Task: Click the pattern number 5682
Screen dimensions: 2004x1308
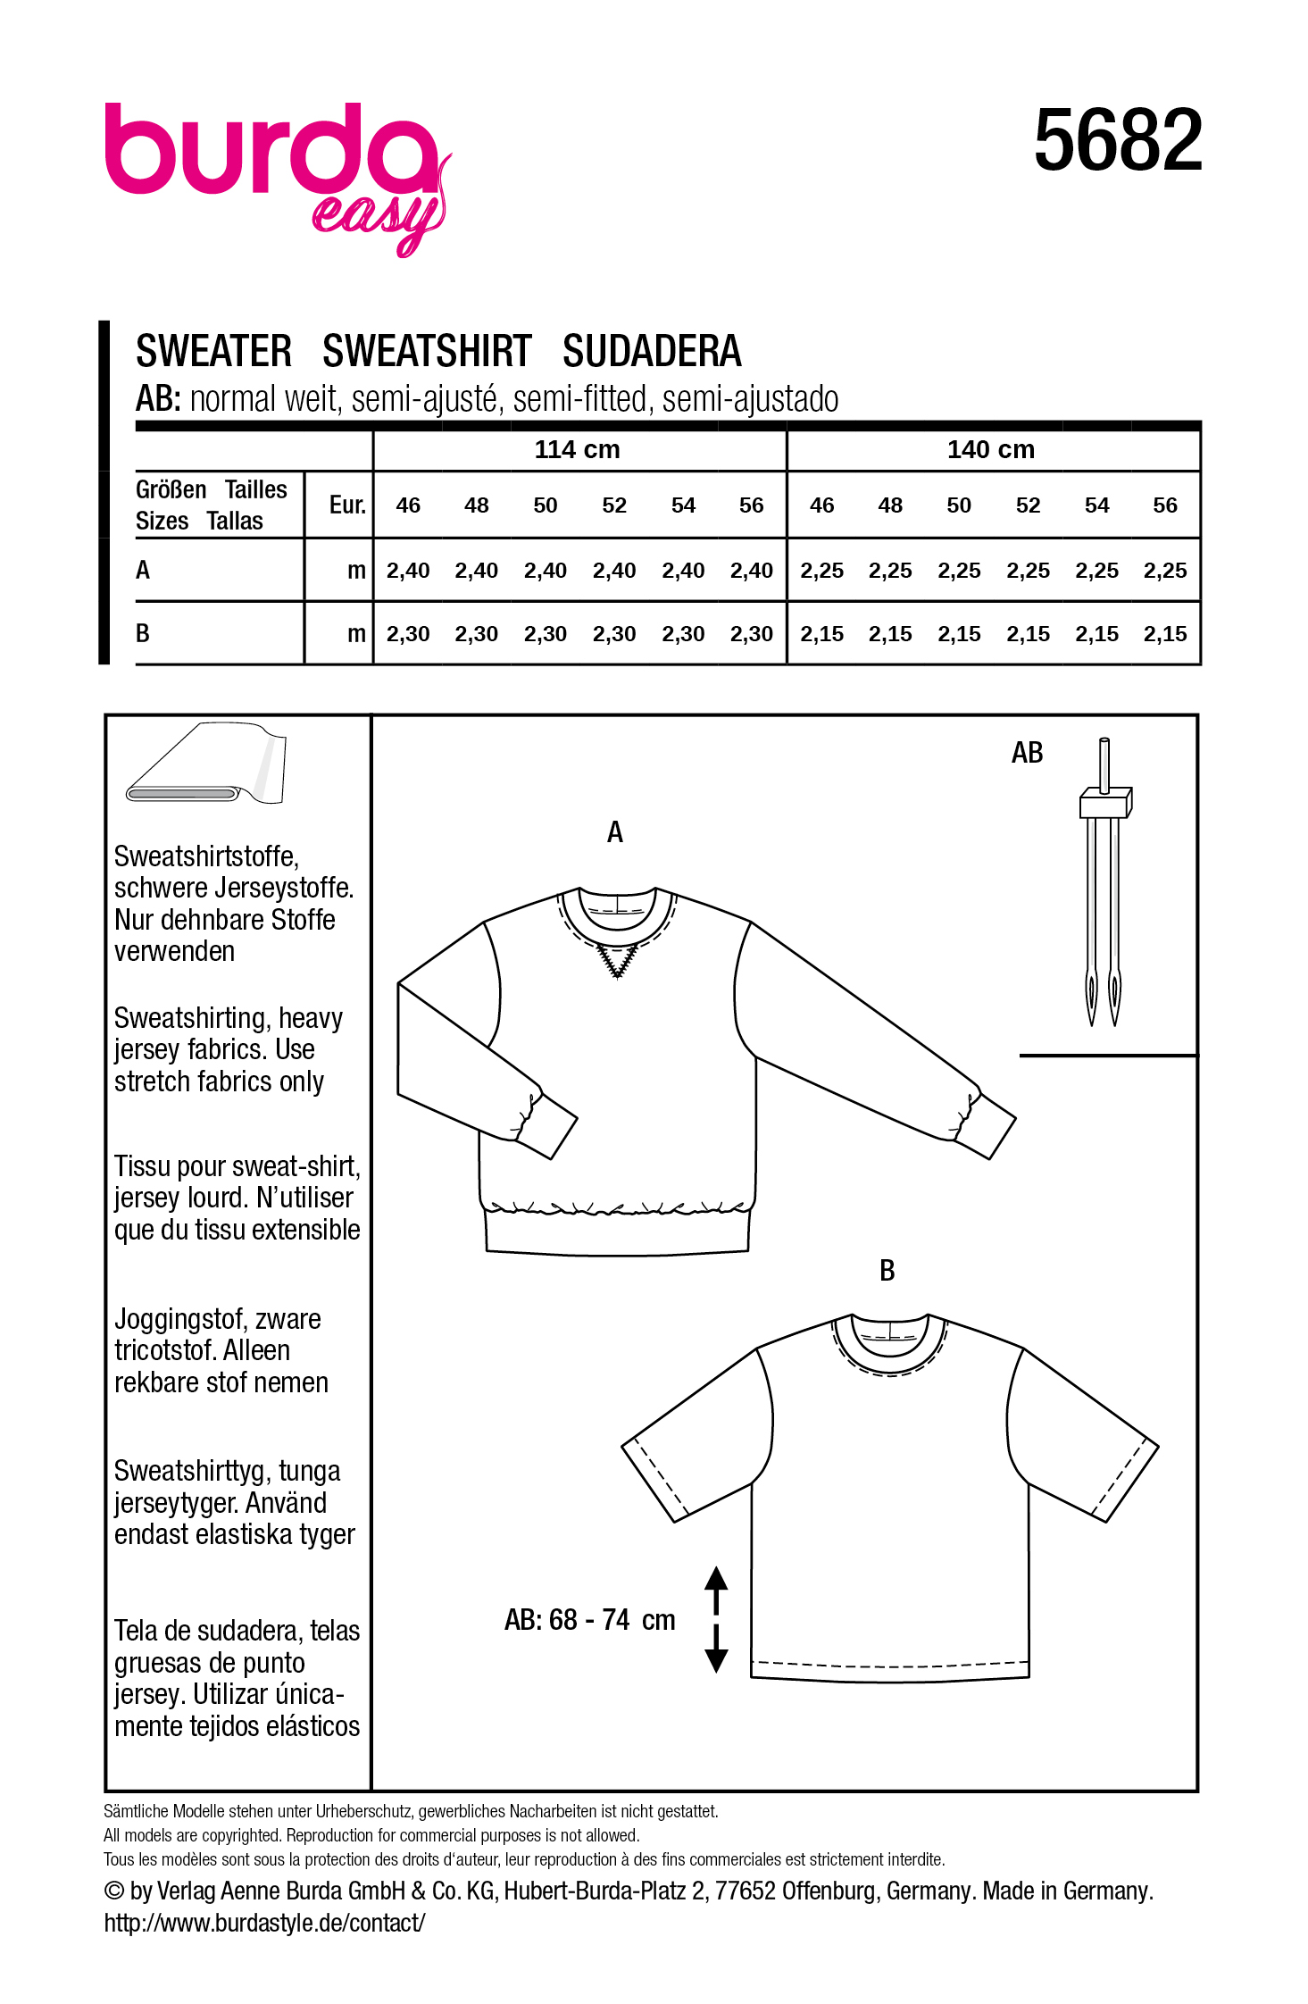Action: tap(1118, 141)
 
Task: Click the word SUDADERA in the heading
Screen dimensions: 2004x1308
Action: tap(652, 352)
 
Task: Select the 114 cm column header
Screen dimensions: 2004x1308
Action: tap(577, 450)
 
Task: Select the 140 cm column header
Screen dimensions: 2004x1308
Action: tap(991, 450)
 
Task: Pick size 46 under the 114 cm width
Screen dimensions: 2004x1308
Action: tap(408, 505)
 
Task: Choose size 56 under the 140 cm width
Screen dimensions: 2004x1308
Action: tap(1165, 505)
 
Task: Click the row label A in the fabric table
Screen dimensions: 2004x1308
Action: tap(143, 570)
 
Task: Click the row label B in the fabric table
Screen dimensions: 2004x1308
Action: tap(143, 633)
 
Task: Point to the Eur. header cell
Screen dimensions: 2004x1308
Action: tap(347, 505)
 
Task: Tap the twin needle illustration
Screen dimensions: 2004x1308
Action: tap(1104, 880)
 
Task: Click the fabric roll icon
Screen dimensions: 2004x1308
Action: tap(207, 766)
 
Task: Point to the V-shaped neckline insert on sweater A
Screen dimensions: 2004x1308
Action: tap(618, 961)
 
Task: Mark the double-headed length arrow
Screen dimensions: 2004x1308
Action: tap(716, 1618)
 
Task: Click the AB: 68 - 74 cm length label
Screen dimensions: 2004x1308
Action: tap(589, 1620)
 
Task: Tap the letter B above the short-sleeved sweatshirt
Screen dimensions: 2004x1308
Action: tap(887, 1271)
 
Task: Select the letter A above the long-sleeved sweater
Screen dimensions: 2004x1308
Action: tap(615, 832)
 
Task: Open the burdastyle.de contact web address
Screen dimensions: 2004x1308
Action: tap(265, 1922)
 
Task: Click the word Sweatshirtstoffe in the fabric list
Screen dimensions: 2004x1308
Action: tap(206, 856)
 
